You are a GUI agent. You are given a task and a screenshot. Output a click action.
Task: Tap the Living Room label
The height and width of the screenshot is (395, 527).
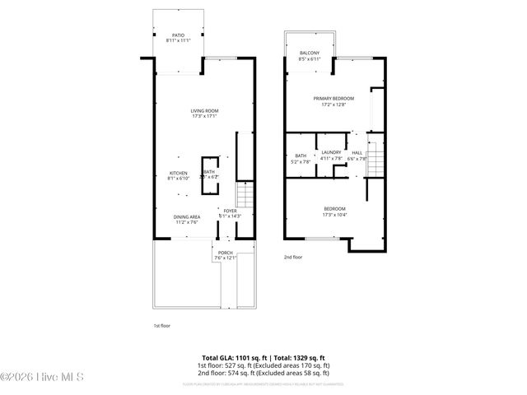(204, 113)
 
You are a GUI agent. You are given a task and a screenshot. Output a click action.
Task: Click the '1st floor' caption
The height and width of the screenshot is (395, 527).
(161, 326)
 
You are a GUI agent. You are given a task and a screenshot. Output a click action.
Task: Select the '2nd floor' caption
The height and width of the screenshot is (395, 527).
(293, 258)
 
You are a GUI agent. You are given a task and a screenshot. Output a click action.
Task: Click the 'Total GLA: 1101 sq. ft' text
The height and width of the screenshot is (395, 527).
(231, 357)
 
